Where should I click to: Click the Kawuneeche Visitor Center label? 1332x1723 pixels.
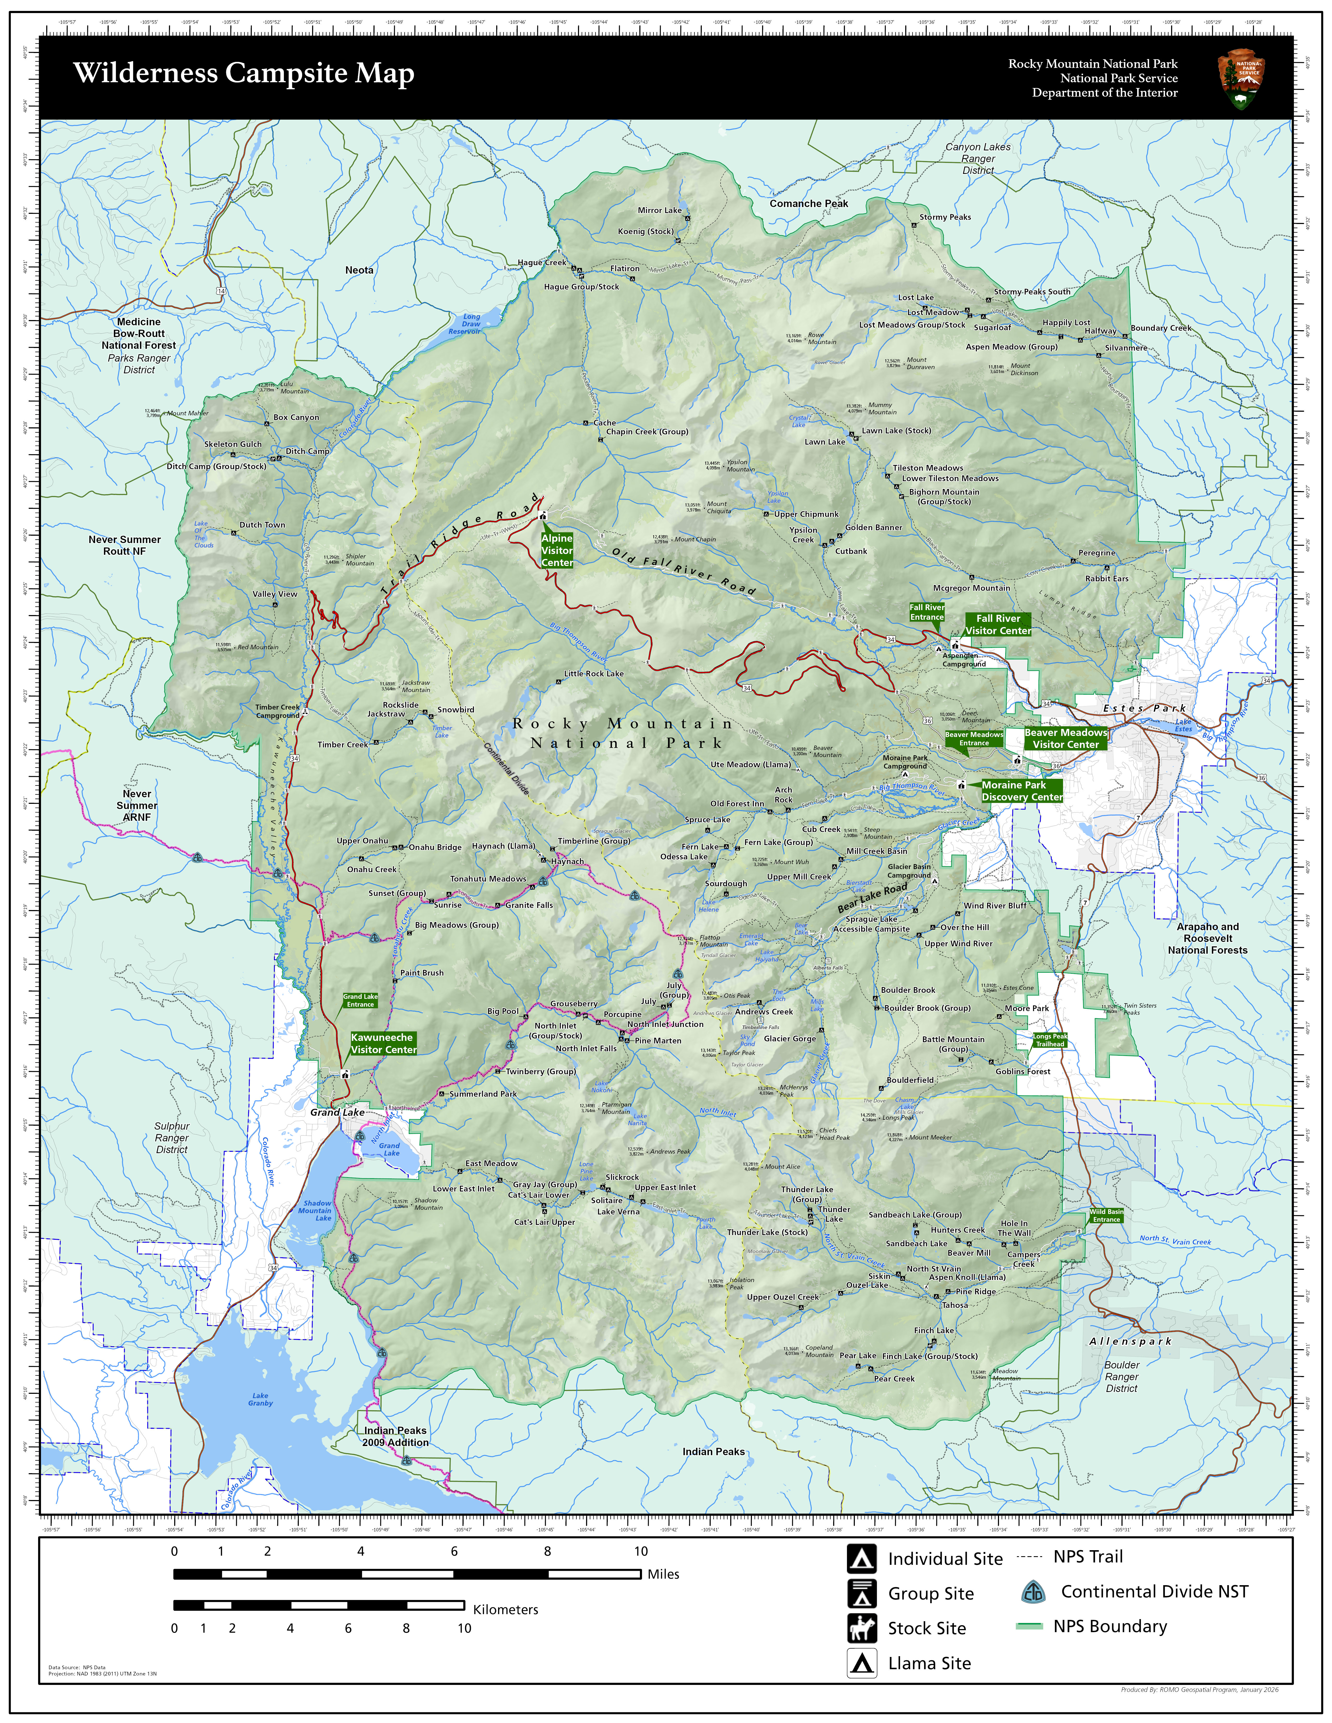383,1043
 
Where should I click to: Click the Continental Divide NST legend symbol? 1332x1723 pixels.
1032,1592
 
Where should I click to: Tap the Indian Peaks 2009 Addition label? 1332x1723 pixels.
395,1436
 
